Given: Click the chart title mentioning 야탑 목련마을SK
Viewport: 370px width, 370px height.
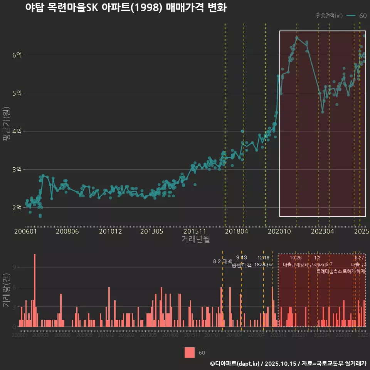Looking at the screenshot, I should [x=126, y=8].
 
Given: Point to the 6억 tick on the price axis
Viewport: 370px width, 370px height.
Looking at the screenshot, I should [x=17, y=55].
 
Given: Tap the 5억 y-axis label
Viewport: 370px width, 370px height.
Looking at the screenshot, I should [x=17, y=93].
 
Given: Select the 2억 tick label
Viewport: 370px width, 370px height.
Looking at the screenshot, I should [x=17, y=208].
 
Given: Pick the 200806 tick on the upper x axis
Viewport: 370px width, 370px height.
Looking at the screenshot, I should [x=67, y=231].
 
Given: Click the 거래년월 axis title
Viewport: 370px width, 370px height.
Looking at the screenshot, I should [x=195, y=239].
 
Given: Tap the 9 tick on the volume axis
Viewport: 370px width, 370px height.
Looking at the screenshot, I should [x=15, y=267].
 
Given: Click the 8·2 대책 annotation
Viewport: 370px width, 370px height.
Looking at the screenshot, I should [x=220, y=261].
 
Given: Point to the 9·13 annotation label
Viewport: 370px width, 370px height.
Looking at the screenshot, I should [x=241, y=258].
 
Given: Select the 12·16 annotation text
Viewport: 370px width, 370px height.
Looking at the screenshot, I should [x=263, y=258].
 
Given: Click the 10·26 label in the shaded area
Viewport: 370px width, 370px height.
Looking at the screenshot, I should [x=296, y=258].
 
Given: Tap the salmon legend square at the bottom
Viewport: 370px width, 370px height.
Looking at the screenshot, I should [x=190, y=352].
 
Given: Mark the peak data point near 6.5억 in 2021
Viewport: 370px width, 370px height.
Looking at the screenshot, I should [x=297, y=37].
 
